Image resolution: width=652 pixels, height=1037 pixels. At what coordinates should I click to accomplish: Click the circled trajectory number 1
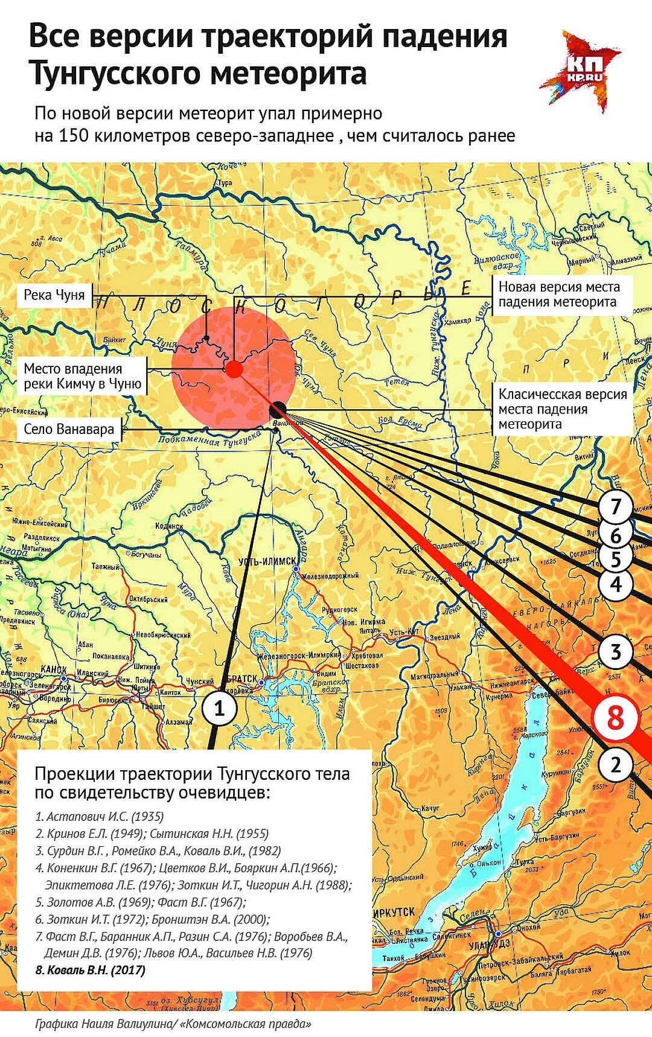219,708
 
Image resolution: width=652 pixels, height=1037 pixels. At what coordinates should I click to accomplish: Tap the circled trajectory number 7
615,506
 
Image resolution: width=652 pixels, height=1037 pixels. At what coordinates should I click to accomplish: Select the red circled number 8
615,718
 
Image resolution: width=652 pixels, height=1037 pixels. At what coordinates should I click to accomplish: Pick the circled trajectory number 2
615,765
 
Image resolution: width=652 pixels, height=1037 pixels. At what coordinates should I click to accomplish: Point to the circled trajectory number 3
615,652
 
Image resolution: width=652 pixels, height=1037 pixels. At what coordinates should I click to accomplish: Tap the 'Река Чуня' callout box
54,295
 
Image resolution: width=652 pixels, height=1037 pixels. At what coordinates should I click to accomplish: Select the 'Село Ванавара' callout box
69,430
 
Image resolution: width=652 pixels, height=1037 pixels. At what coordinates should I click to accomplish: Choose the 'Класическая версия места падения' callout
563,409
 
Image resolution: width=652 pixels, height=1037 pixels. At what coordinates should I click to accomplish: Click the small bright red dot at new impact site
234,369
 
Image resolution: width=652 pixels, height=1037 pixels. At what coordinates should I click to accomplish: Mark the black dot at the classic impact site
278,409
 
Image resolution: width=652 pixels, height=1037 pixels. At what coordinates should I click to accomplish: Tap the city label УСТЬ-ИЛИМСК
267,561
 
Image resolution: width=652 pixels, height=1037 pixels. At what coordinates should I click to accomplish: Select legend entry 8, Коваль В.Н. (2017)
91,970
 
